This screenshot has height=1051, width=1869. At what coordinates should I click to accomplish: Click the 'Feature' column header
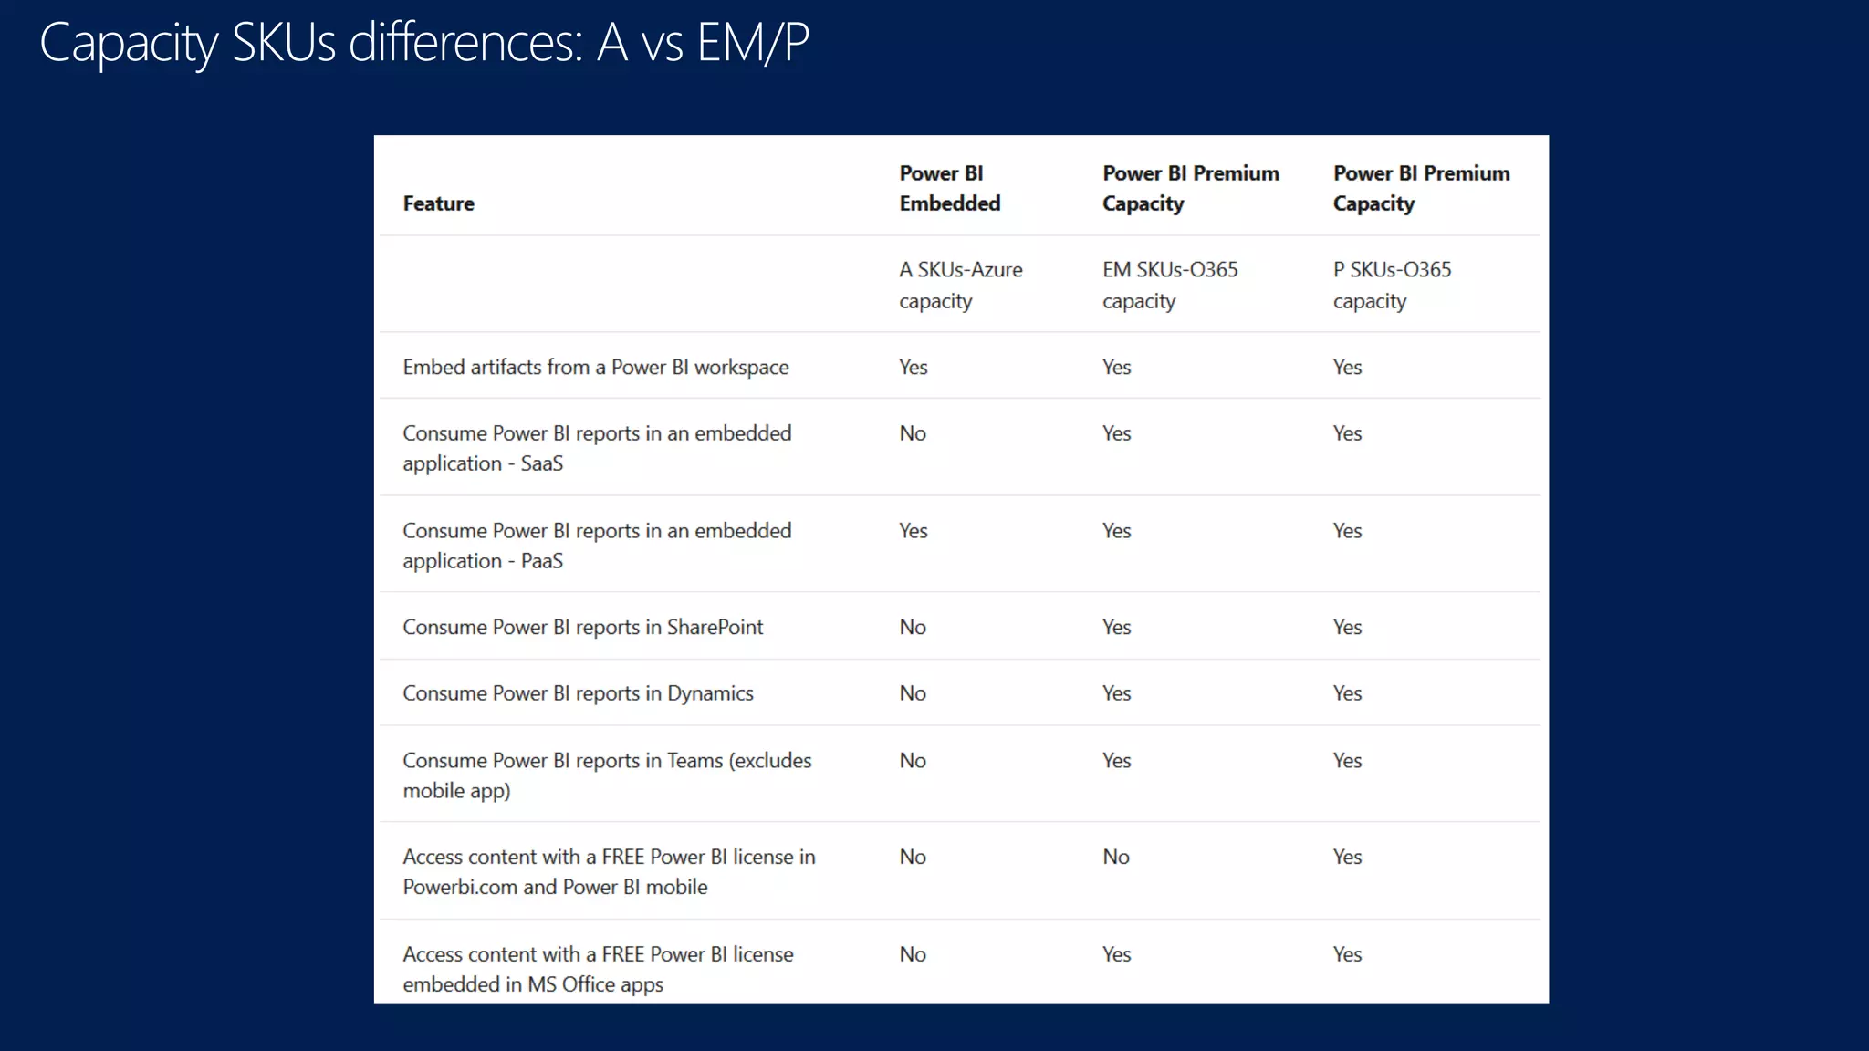[x=438, y=203]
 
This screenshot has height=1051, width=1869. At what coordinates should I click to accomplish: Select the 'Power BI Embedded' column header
[x=949, y=188]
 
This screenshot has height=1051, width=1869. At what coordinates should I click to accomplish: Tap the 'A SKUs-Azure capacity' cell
[x=960, y=285]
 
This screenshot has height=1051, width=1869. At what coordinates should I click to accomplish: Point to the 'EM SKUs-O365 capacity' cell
[x=1169, y=285]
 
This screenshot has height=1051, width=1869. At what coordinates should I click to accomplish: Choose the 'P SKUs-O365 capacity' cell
[x=1391, y=285]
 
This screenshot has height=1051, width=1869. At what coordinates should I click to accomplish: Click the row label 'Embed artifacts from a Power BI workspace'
[x=595, y=367]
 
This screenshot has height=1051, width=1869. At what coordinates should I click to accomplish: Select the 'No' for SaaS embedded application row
[x=912, y=433]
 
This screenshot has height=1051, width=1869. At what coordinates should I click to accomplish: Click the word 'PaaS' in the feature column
[x=541, y=561]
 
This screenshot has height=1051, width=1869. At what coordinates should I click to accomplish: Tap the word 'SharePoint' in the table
[x=715, y=628]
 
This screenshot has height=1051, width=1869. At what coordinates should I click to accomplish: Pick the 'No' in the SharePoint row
[x=912, y=628]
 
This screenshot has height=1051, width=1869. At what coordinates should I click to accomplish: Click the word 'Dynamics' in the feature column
[x=710, y=693]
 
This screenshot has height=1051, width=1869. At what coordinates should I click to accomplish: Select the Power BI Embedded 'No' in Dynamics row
[x=912, y=693]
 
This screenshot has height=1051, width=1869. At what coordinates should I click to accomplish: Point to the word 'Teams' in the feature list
[x=694, y=761]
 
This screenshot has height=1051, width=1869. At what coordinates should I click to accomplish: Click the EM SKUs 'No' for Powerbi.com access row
[x=1115, y=857]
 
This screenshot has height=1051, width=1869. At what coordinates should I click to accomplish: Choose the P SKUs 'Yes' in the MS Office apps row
[x=1347, y=954]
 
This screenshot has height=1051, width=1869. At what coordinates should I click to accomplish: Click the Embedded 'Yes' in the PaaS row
[x=913, y=531]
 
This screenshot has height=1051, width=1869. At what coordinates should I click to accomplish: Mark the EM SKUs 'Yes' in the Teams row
[x=1116, y=761]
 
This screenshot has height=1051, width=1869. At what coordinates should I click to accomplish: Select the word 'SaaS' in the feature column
[x=541, y=463]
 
